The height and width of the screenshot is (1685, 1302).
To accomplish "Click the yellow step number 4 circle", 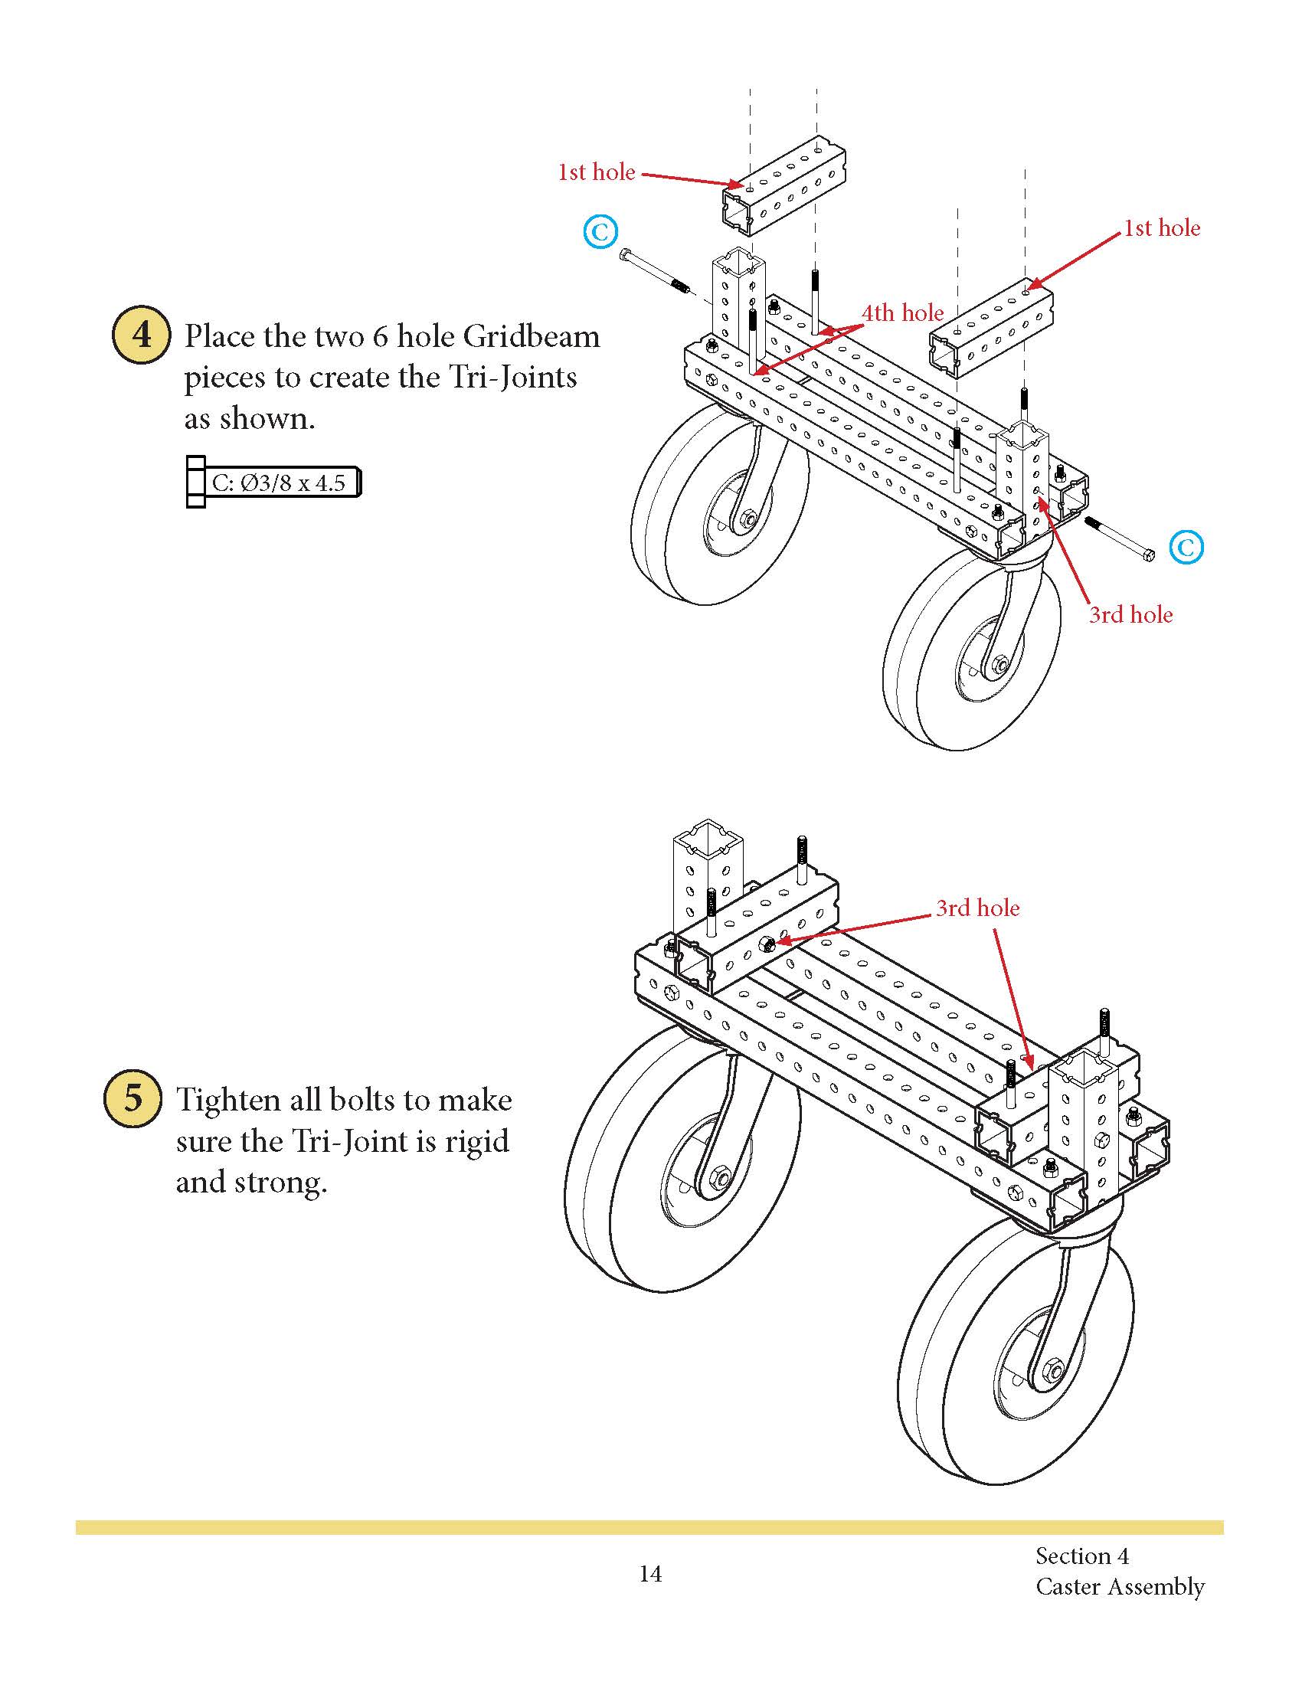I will [x=141, y=335].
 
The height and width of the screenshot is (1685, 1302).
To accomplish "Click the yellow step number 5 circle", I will [x=132, y=1098].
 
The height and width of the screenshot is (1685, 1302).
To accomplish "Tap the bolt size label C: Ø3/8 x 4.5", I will [x=278, y=483].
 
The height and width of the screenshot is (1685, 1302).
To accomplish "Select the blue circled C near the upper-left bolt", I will [x=600, y=231].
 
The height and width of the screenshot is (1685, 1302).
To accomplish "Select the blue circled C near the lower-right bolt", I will [x=1186, y=547].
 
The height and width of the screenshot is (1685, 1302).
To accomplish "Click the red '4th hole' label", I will [x=902, y=312].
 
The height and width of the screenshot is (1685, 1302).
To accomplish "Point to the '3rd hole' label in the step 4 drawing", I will [x=1130, y=615].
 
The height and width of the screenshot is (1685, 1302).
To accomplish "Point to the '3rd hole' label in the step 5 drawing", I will [x=977, y=908].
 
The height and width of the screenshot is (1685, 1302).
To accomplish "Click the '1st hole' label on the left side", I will [x=596, y=172].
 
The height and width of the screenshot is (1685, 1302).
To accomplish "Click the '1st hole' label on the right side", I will [x=1162, y=228].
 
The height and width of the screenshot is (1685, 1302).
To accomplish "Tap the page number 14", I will [x=650, y=1574].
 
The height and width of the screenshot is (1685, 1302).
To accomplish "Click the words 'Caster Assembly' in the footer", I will [x=1120, y=1587].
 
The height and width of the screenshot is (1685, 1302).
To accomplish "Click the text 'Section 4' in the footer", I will [x=1081, y=1556].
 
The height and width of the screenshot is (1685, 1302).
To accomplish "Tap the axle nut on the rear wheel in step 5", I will [x=721, y=1178].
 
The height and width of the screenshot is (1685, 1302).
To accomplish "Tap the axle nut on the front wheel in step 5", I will [x=1054, y=1371].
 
